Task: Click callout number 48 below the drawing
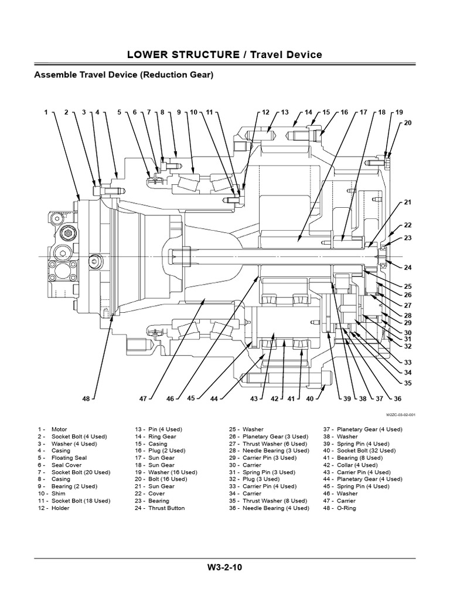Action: tap(86, 399)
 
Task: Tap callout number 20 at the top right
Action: tap(408, 123)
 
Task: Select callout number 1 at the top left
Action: tap(46, 112)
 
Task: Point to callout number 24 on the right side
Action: tap(408, 268)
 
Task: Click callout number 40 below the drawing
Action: tap(309, 399)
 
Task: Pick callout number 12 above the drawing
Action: tap(265, 112)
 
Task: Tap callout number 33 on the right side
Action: tap(408, 362)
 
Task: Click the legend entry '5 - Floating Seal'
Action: tap(62, 458)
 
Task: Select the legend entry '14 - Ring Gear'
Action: tap(155, 436)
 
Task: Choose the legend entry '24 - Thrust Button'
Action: tap(159, 508)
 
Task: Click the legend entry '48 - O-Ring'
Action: tap(339, 508)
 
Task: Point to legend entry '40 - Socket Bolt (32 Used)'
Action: tap(359, 450)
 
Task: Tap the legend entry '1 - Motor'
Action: tap(52, 429)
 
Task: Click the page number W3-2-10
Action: tap(224, 567)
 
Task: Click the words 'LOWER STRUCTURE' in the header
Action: tap(183, 55)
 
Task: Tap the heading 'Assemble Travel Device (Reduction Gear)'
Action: tap(124, 75)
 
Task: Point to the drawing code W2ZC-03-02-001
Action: tap(401, 415)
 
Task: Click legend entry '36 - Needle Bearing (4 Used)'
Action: tap(269, 508)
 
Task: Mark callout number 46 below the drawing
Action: tap(170, 399)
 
